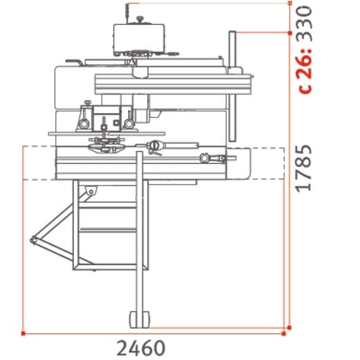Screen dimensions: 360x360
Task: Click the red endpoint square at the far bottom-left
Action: coord(24,334)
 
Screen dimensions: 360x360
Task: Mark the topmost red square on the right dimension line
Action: coord(289,2)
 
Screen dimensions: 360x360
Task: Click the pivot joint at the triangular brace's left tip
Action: coord(33,240)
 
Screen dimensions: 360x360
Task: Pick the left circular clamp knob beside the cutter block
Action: coord(84,123)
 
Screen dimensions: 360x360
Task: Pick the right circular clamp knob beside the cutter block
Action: coord(129,123)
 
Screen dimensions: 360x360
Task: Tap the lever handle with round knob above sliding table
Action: coord(156,145)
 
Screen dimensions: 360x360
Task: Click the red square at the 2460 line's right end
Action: coord(289,334)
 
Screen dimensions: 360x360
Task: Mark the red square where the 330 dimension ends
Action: coord(289,32)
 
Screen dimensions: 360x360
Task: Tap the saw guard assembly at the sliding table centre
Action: coord(104,143)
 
